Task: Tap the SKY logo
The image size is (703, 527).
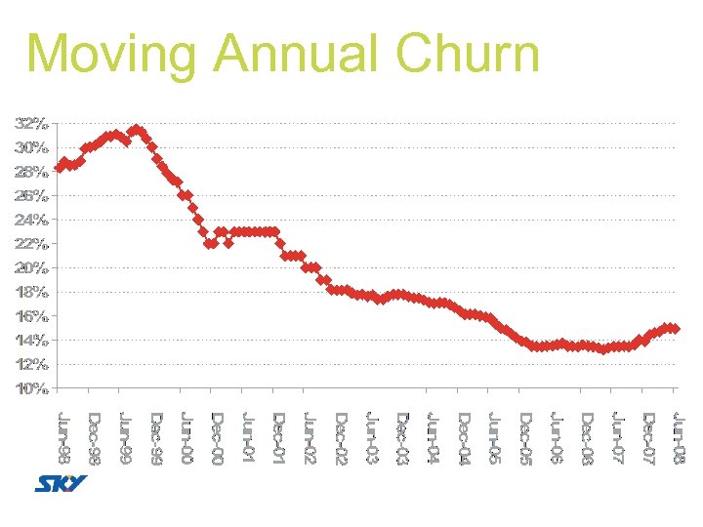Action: pos(61,484)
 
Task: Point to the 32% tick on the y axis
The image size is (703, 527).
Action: pos(31,124)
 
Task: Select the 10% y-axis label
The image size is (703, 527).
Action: pos(31,388)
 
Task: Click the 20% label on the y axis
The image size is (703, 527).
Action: pos(31,267)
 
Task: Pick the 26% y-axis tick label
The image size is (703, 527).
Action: pos(31,195)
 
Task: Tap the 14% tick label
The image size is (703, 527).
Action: pos(31,340)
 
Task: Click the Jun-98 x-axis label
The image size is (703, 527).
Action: pos(63,438)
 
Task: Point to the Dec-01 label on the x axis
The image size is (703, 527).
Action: pos(278,438)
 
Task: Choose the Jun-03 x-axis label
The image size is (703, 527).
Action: pos(371,438)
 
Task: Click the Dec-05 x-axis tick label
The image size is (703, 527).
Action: pos(524,438)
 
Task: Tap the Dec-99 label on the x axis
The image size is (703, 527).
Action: pos(156,438)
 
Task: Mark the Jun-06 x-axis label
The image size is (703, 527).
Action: pos(556,438)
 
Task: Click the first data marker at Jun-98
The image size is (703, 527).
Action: pos(60,167)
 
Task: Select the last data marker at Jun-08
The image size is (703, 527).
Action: pos(675,329)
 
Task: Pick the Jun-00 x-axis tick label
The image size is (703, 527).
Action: pos(186,438)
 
